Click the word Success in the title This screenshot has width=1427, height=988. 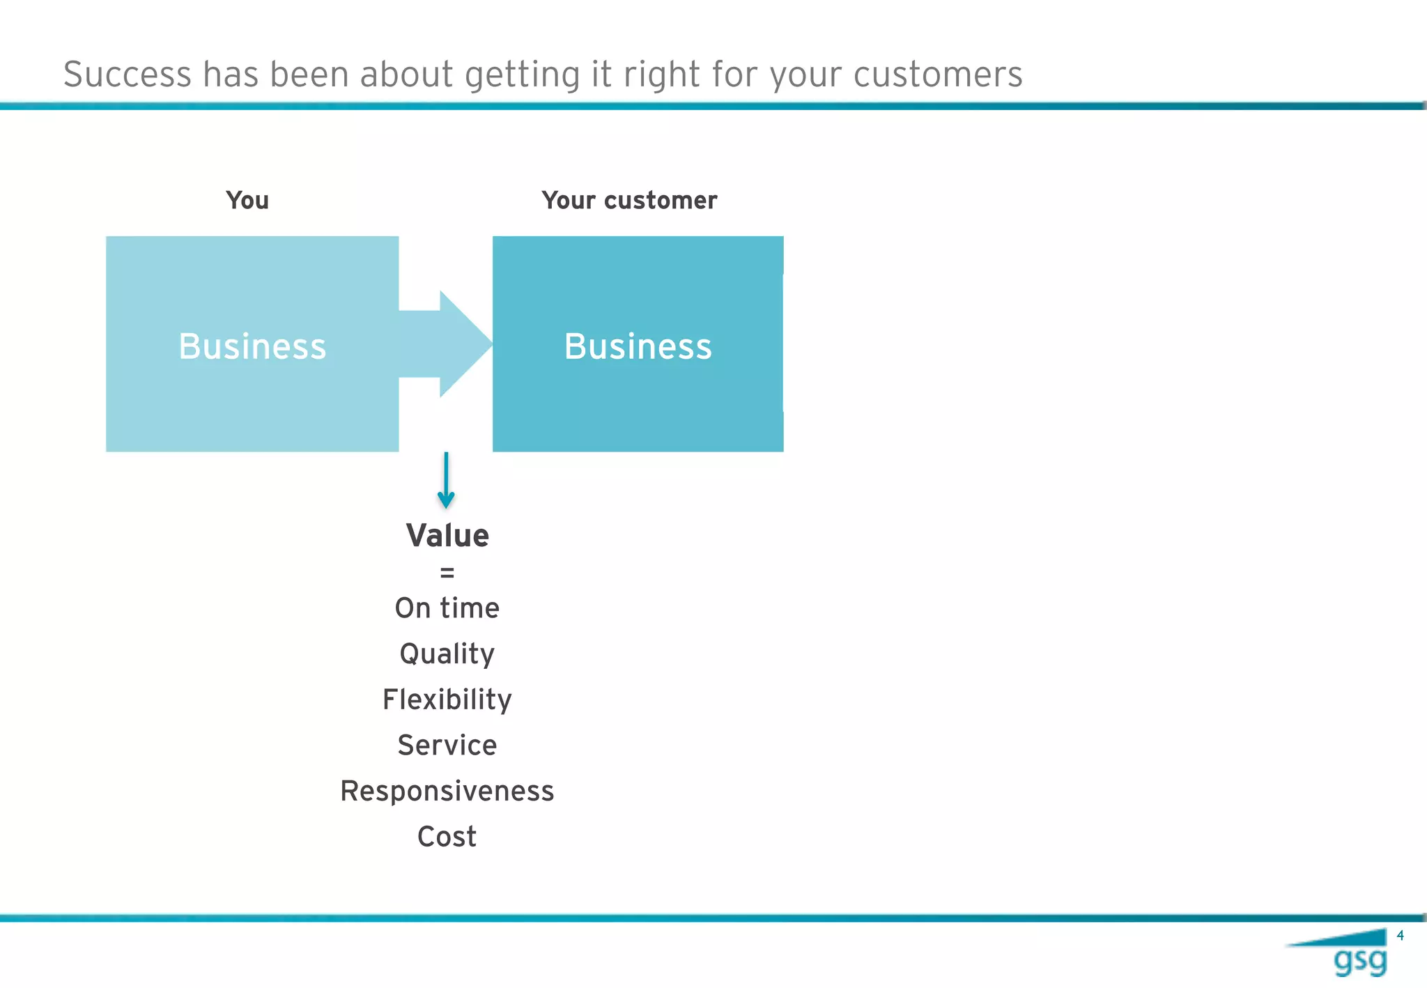pyautogui.click(x=127, y=75)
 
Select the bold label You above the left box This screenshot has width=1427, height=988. pyautogui.click(x=247, y=201)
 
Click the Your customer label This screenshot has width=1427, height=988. pyautogui.click(x=629, y=201)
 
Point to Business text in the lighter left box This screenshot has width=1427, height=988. pyautogui.click(x=252, y=346)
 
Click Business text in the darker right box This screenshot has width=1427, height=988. pyautogui.click(x=638, y=346)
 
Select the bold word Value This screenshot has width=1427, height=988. pyautogui.click(x=447, y=536)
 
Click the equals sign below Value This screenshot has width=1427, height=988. pyautogui.click(x=447, y=573)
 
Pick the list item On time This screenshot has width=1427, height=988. pyautogui.click(x=447, y=608)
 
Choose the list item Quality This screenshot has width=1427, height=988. pyautogui.click(x=447, y=654)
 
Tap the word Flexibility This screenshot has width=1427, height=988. pyautogui.click(x=447, y=700)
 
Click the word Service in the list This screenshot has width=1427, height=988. pyautogui.click(x=447, y=746)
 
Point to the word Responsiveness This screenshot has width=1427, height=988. pyautogui.click(x=447, y=792)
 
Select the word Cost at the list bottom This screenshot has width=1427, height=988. pyautogui.click(x=447, y=837)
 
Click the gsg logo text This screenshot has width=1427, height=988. pyautogui.click(x=1359, y=962)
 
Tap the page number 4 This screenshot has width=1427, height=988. pyautogui.click(x=1400, y=936)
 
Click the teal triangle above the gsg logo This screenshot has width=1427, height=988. pyautogui.click(x=1359, y=939)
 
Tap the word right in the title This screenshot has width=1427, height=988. pyautogui.click(x=661, y=75)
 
